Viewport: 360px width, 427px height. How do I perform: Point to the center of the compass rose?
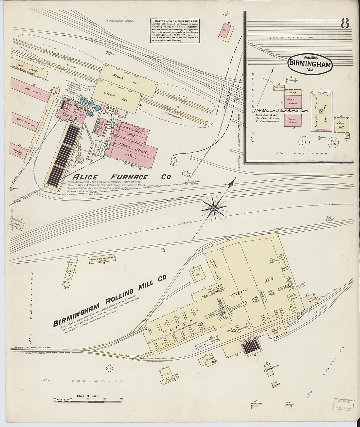(x=213, y=208)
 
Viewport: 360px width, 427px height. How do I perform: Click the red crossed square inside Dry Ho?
(x=321, y=112)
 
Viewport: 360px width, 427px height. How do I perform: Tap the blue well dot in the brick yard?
(x=319, y=138)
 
